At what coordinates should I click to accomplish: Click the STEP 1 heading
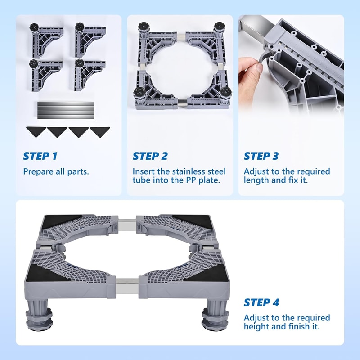pyautogui.click(x=40, y=156)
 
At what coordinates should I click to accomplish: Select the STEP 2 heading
pyautogui.click(x=150, y=156)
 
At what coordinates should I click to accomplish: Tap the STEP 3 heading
pyautogui.click(x=261, y=156)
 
